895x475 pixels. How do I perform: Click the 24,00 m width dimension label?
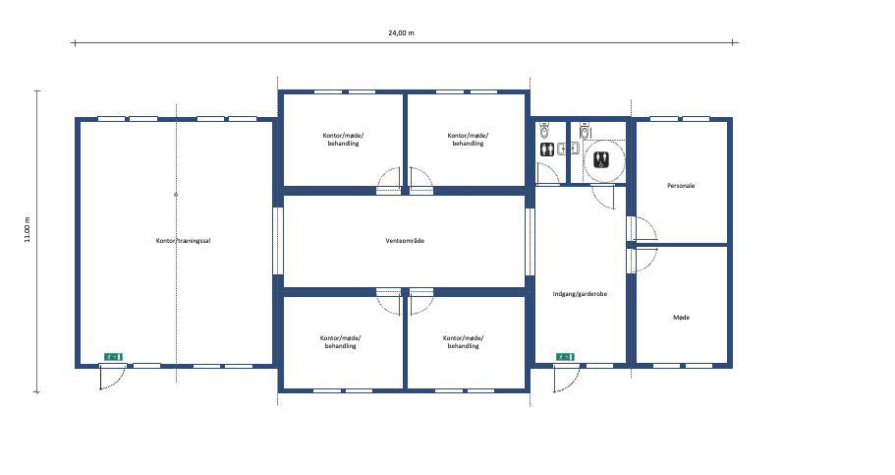coord(401,33)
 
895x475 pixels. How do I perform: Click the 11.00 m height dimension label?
coord(27,229)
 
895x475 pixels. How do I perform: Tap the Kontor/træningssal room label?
coord(183,241)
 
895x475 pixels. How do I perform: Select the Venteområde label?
coord(405,241)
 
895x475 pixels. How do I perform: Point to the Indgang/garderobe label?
coord(580,294)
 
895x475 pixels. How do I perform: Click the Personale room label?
coord(681,186)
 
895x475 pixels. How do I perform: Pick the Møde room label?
coord(682,318)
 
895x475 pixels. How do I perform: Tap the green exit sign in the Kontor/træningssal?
coord(113,357)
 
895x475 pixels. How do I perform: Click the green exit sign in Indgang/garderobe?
coord(565,357)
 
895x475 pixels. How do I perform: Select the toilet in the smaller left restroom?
coord(544,131)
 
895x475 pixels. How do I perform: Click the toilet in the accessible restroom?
coord(586,131)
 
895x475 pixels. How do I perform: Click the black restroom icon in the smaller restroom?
coord(547,149)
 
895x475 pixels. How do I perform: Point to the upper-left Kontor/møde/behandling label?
coord(343,140)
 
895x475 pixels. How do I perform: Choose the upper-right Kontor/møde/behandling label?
coord(468,140)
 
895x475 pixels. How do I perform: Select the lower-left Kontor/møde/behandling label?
coord(341,342)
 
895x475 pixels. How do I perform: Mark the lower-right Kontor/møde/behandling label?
coord(464,342)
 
